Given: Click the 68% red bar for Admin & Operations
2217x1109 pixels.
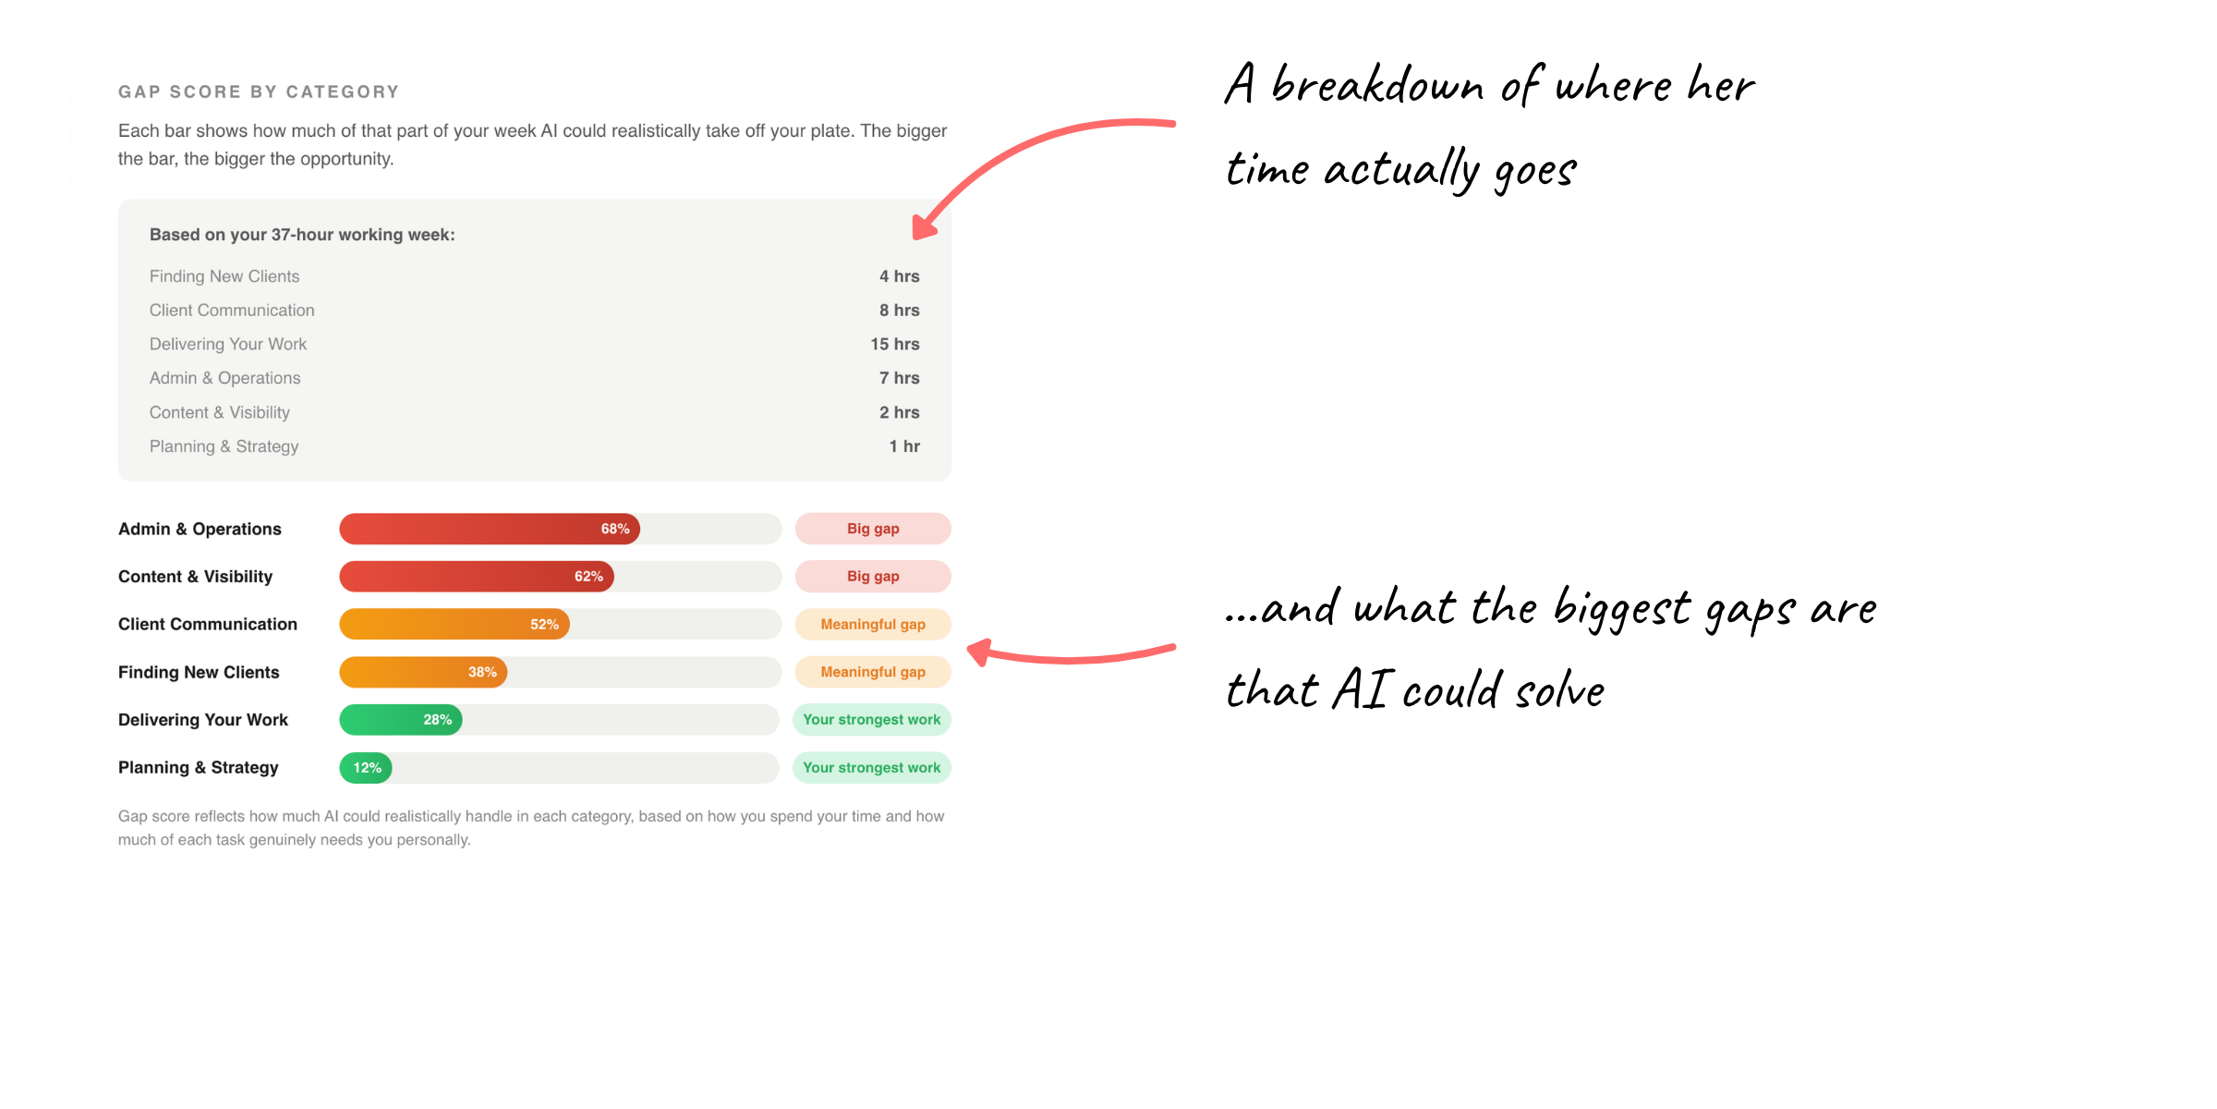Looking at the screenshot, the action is (x=490, y=529).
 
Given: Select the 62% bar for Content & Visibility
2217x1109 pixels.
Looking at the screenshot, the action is (x=477, y=577).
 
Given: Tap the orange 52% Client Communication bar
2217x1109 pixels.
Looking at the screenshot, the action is (x=454, y=624).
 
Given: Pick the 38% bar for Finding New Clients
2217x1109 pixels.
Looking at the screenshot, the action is (x=423, y=672).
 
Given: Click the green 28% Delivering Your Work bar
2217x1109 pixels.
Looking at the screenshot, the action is (x=401, y=720).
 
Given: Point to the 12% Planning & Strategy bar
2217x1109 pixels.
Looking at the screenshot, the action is (x=366, y=768).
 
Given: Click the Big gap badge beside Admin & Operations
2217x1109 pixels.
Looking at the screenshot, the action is (x=873, y=529).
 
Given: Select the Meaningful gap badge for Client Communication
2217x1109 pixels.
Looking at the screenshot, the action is (x=873, y=624).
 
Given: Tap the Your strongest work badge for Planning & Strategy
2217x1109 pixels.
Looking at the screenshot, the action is (x=872, y=768).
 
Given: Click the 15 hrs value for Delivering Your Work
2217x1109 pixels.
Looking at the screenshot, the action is (x=895, y=344).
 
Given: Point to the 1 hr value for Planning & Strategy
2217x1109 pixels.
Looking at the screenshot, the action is (x=904, y=446).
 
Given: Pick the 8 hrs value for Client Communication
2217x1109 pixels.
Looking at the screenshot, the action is (x=900, y=311).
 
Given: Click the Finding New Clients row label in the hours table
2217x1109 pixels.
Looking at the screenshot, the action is (x=224, y=276).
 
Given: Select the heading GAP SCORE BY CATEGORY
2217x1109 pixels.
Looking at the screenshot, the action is (x=259, y=91).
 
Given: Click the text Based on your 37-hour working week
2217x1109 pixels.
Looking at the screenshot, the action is (x=302, y=235).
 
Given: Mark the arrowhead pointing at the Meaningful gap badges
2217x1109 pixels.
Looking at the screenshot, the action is (x=979, y=652).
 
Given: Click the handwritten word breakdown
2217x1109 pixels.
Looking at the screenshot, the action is (x=1377, y=85).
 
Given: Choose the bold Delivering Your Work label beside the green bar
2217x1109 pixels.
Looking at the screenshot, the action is (x=203, y=720).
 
